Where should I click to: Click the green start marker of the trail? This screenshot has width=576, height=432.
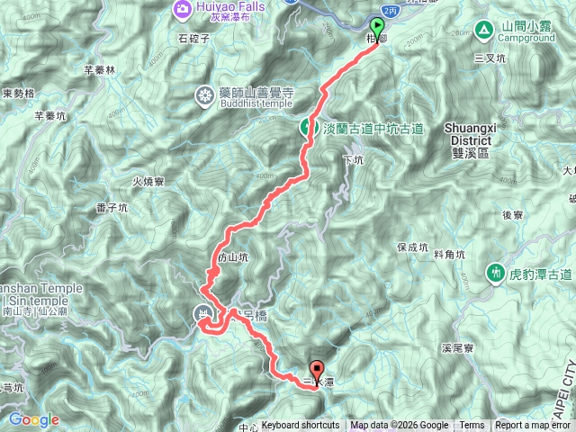tap(376, 27)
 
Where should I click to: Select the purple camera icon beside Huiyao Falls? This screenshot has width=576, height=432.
tap(182, 8)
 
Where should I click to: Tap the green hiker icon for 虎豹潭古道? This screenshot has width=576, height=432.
tap(494, 272)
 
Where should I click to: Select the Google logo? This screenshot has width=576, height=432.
tap(33, 419)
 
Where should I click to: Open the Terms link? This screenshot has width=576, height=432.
tap(472, 426)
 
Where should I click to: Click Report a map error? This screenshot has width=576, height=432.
tap(533, 426)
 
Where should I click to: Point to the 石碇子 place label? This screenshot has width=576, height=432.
tap(193, 39)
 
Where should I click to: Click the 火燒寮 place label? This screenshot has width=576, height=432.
tap(148, 181)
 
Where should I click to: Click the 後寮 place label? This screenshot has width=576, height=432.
tap(513, 214)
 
